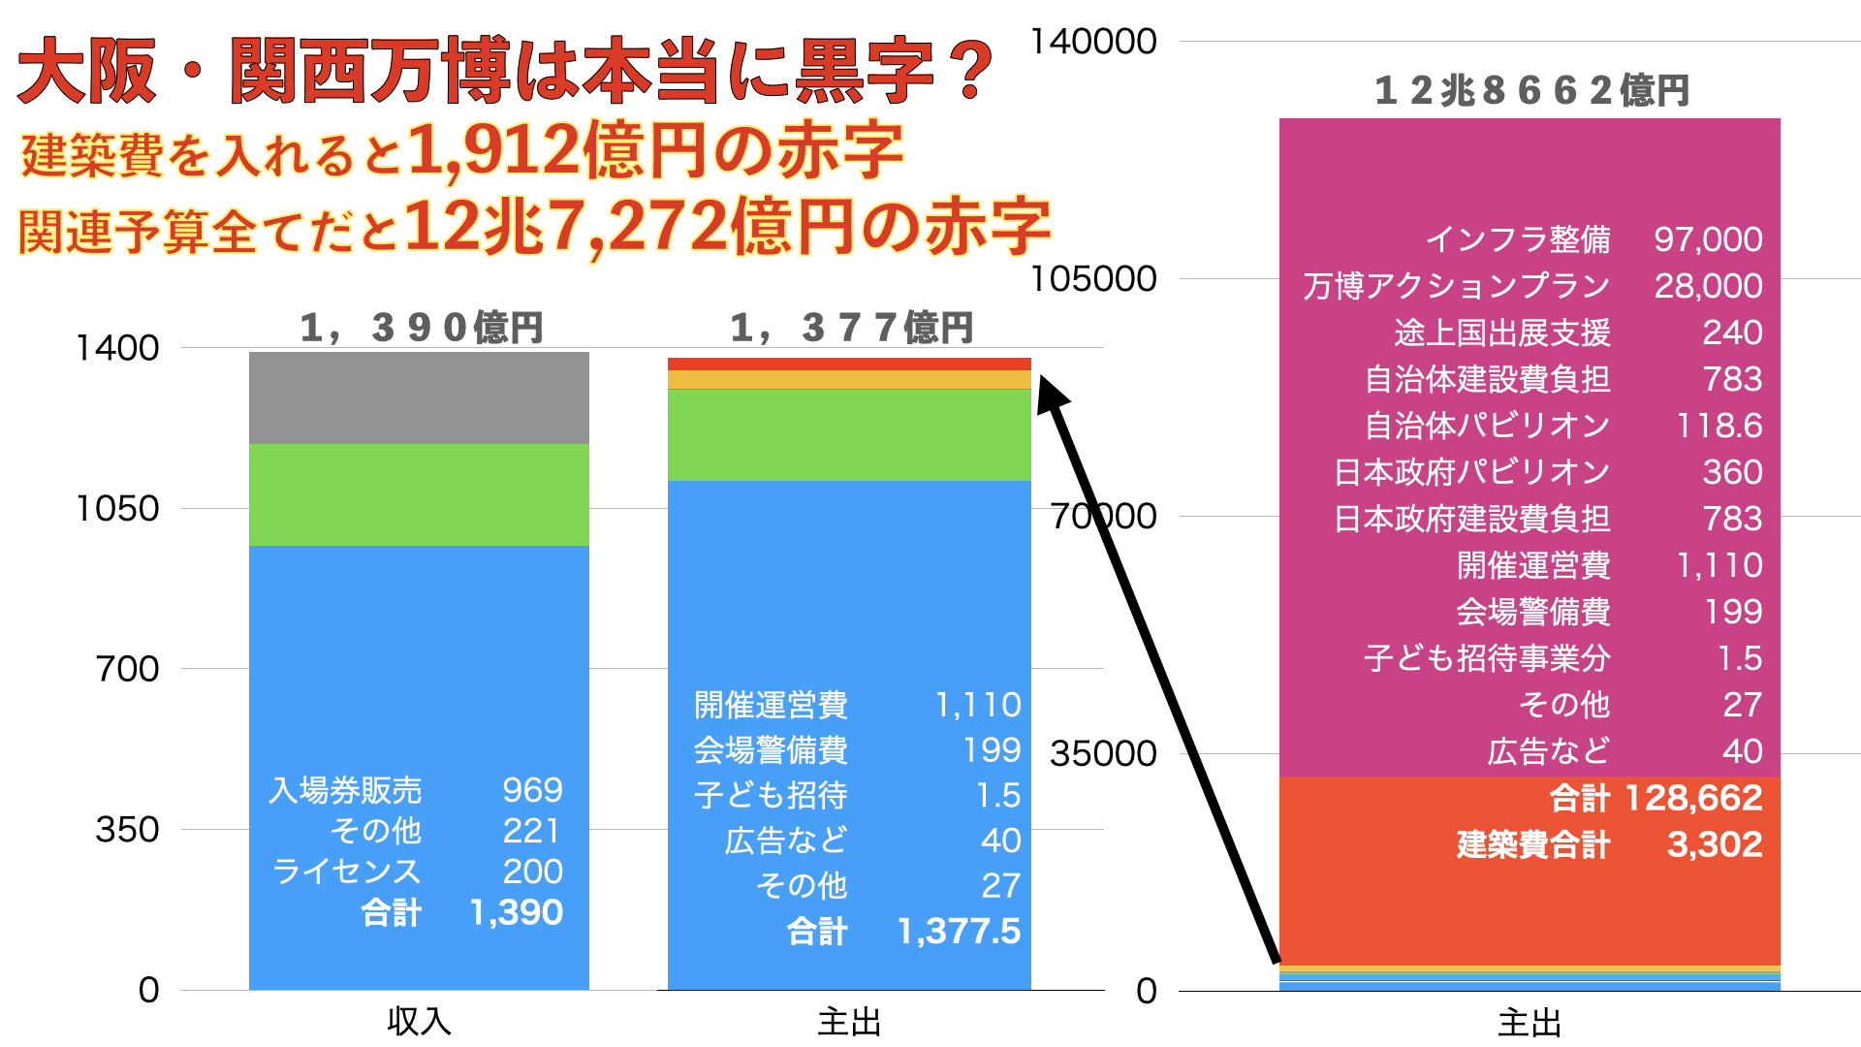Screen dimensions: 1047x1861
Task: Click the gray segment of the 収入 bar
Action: pos(419,397)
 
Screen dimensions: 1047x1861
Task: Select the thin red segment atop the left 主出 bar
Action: pos(849,365)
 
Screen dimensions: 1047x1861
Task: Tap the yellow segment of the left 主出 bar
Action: pos(849,380)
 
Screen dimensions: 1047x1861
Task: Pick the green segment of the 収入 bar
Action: pos(419,494)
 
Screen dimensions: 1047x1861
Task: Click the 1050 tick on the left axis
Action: pos(117,508)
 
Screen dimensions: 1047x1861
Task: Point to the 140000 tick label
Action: pos(1093,42)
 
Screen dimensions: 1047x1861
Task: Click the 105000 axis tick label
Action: pos(1093,279)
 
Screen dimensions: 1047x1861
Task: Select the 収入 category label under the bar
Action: pos(419,1022)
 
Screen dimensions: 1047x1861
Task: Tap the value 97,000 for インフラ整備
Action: pos(1708,239)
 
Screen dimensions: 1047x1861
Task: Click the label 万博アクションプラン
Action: pos(1456,286)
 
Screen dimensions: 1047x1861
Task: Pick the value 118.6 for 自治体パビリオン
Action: pos(1719,426)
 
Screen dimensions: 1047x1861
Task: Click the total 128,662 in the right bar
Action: pos(1693,798)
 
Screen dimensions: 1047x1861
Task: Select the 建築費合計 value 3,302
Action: pos(1715,844)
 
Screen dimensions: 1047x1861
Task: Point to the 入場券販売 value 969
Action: pos(532,790)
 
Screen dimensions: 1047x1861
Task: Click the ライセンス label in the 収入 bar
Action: pos(346,872)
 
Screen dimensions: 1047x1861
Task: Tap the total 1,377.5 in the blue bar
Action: pos(959,932)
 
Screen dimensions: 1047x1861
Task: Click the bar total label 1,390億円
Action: pos(422,328)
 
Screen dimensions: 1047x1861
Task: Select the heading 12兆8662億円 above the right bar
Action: pos(1531,90)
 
